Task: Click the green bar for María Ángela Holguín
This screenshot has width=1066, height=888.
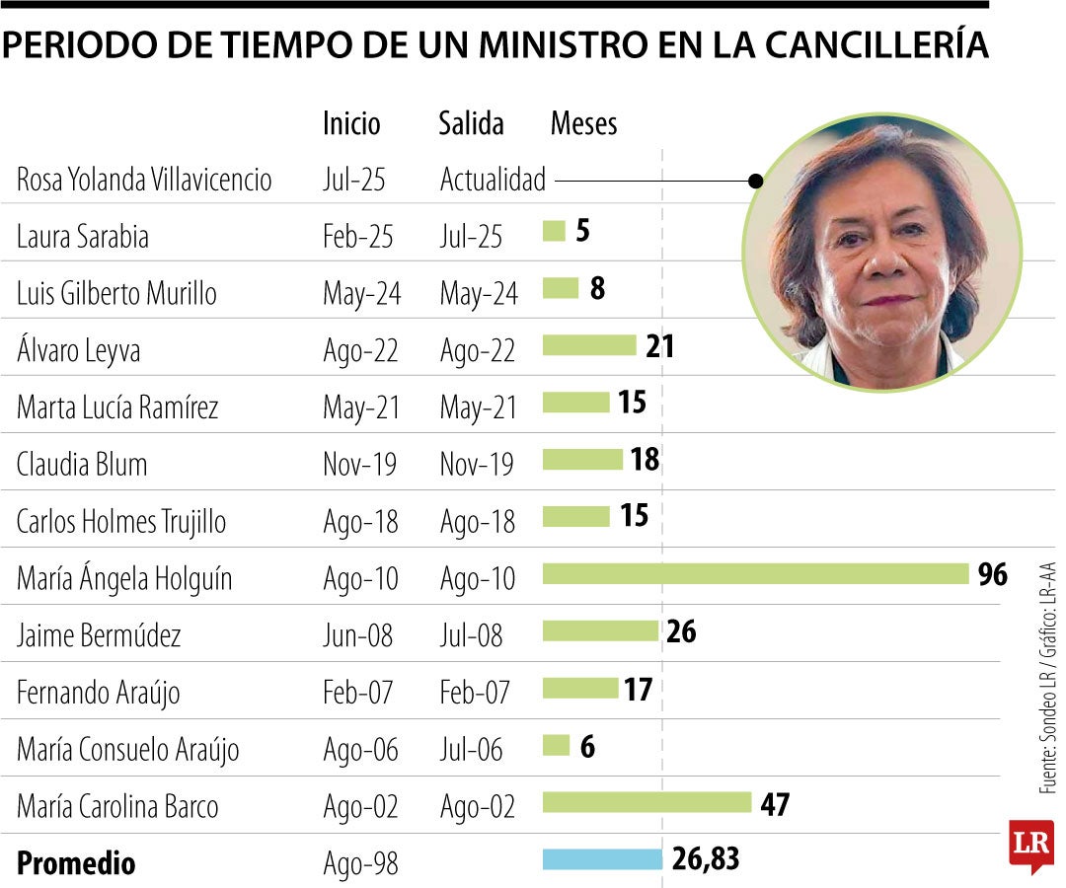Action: (x=755, y=574)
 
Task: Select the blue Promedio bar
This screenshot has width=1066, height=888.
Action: (x=602, y=859)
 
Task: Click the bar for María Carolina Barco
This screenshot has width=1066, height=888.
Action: (x=647, y=802)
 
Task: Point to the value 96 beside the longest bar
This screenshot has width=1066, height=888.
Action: (x=992, y=574)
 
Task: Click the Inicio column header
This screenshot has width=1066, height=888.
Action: (x=351, y=123)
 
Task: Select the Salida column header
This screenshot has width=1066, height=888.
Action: (x=471, y=123)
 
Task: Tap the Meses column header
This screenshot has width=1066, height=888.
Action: (x=583, y=123)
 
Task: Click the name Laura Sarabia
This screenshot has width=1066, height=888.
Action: (x=83, y=237)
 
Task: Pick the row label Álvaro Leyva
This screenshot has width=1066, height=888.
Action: (x=78, y=350)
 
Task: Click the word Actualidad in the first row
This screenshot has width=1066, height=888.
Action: (x=493, y=181)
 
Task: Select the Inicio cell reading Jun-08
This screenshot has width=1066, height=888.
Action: (x=357, y=635)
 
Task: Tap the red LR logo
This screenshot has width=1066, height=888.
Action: (x=1030, y=846)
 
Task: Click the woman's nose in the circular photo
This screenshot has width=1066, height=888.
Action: (x=884, y=259)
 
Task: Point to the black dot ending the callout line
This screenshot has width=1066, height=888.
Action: (x=756, y=181)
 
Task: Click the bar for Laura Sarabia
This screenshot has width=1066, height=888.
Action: (x=554, y=232)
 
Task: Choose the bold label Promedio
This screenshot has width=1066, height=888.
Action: (x=76, y=863)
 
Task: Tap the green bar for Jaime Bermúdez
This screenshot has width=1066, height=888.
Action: (x=600, y=630)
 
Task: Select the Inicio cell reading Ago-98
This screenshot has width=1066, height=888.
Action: (x=360, y=863)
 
